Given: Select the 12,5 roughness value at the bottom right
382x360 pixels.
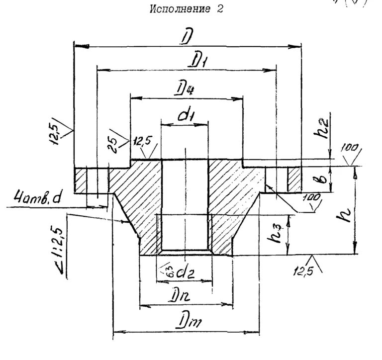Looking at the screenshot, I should click(304, 271).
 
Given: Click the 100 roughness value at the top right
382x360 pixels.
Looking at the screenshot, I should click(349, 149).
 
